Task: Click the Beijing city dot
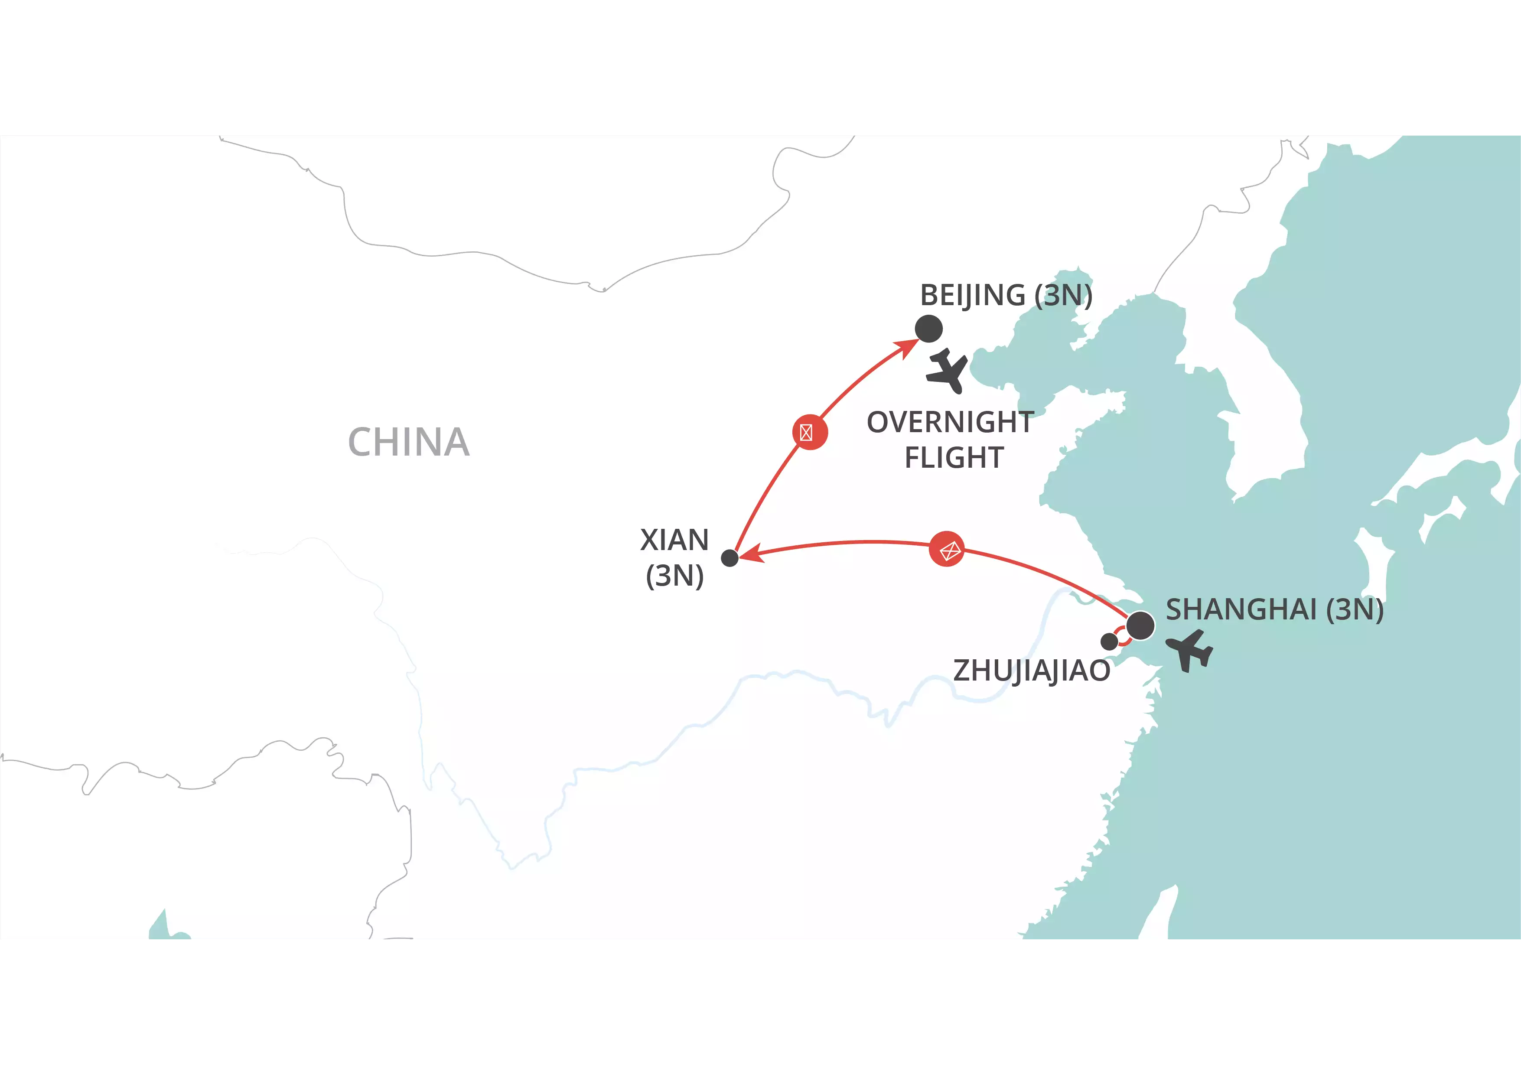929,329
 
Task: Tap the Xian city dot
730,558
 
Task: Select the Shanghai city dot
1140,625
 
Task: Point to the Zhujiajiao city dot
1109,641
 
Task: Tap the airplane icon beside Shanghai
1190,651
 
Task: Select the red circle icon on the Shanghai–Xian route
947,549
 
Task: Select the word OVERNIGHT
950,422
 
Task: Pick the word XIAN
674,540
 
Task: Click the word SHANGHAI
1241,609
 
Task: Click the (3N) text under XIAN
674,576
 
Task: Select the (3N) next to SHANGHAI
1355,609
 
